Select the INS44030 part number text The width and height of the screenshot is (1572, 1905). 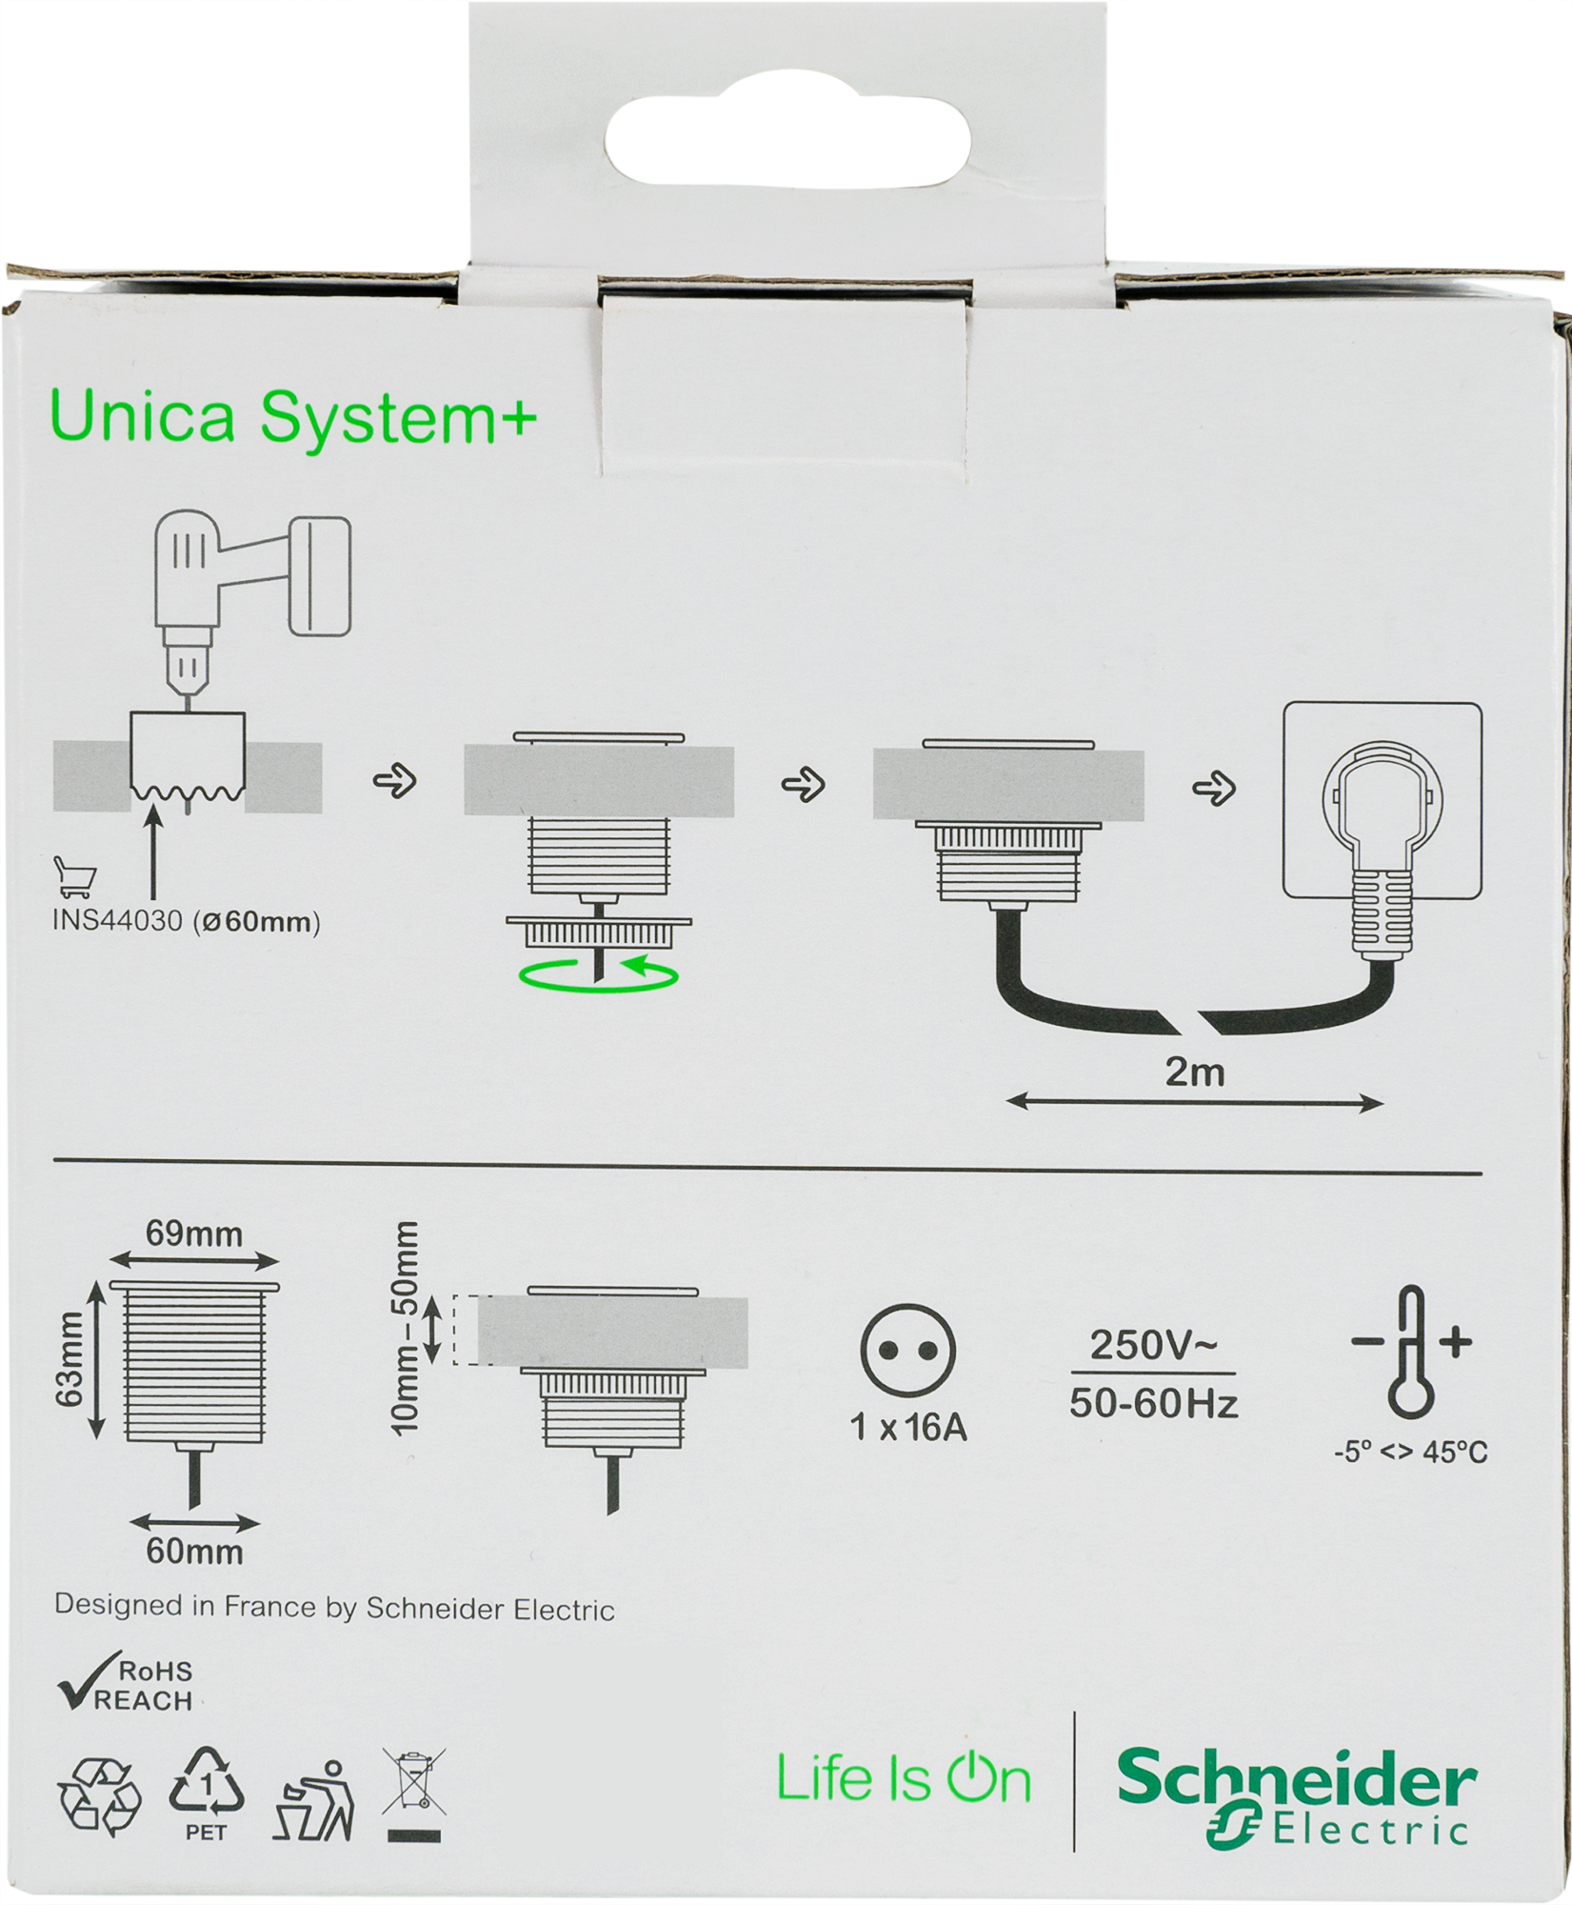(x=116, y=923)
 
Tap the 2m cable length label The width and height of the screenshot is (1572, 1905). (x=1195, y=1073)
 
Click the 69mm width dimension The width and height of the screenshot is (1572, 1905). (x=194, y=1234)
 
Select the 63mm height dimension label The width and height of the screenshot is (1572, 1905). (x=70, y=1359)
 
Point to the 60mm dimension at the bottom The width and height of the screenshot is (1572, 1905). (x=194, y=1552)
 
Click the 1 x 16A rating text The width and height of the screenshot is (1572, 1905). (x=908, y=1428)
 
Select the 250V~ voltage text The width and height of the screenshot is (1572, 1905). (x=1153, y=1345)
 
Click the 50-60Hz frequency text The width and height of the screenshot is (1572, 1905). (x=1154, y=1403)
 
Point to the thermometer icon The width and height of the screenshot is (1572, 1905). (x=1411, y=1352)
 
